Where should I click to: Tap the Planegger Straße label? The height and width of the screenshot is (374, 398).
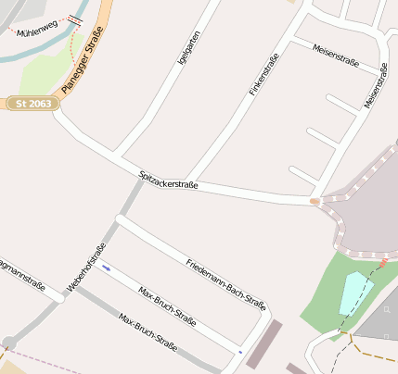tap(83, 60)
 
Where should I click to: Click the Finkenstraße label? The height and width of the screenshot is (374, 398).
tap(264, 76)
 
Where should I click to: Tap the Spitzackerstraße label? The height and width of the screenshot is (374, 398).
tap(168, 178)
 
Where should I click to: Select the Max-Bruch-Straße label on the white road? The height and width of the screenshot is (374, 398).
tap(167, 307)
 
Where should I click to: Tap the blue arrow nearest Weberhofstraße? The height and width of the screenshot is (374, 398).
tap(107, 268)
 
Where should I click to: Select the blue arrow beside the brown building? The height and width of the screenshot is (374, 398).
tap(240, 352)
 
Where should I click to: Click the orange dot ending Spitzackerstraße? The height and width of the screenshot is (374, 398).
tap(315, 200)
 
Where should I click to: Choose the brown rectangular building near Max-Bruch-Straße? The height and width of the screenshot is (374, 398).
tap(264, 343)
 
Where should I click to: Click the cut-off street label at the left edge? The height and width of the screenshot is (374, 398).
tap(21, 268)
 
